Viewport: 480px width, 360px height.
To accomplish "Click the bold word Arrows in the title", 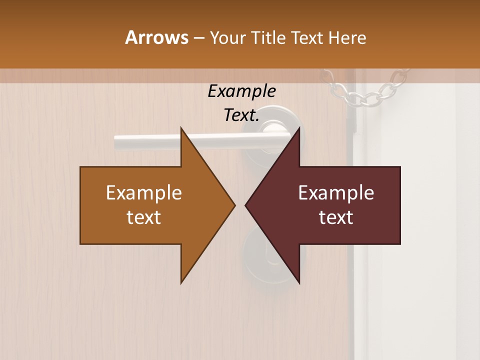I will [156, 37].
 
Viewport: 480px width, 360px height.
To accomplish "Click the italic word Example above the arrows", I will [241, 91].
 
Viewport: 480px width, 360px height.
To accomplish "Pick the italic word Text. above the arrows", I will [241, 115].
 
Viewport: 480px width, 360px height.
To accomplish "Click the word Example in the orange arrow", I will [144, 193].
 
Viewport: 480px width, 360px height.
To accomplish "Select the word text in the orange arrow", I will [144, 217].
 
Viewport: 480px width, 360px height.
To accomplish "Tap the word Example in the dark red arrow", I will [336, 193].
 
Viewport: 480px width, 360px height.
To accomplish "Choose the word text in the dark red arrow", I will [336, 217].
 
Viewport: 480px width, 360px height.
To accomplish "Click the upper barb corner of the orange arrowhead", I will [181, 128].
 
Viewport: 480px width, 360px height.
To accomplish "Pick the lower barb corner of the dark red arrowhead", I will [299, 282].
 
